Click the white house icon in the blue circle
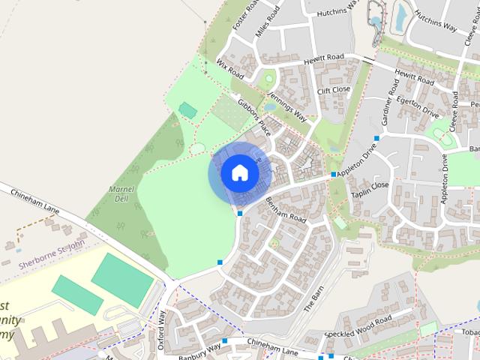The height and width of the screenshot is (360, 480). click(239, 172)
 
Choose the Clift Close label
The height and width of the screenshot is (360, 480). click(334, 90)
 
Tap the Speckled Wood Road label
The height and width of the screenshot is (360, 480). click(358, 325)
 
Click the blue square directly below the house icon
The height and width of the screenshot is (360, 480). click(239, 214)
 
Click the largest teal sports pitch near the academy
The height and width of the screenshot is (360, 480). click(122, 279)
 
